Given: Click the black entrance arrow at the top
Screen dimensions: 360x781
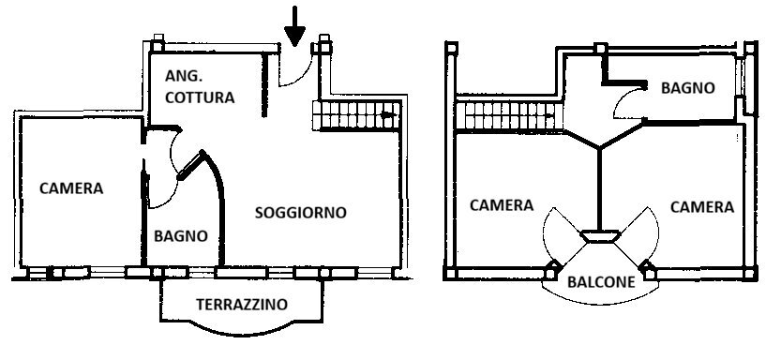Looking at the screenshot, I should (x=295, y=27).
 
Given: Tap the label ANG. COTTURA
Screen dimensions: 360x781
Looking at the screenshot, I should (x=199, y=85).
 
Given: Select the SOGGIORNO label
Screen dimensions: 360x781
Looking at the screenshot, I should (x=300, y=213).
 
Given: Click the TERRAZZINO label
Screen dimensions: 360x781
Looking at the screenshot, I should (x=241, y=305).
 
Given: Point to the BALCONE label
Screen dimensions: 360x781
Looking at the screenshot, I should (x=600, y=280).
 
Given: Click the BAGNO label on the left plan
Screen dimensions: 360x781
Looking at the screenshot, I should (x=180, y=236).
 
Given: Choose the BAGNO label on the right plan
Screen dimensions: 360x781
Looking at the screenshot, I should (x=687, y=88).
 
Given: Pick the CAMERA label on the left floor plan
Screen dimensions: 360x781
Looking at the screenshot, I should (x=71, y=188).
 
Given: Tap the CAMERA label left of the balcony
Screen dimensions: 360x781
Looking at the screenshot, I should (x=502, y=205).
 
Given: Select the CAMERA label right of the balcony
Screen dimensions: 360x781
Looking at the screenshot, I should (x=702, y=206).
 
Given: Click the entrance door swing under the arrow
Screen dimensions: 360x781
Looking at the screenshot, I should (x=297, y=68).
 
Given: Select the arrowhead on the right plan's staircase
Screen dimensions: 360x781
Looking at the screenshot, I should (x=548, y=116).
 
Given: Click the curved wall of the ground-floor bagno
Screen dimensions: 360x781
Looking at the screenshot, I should (x=219, y=202).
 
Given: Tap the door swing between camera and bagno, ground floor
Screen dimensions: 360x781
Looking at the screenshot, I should (x=162, y=169).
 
